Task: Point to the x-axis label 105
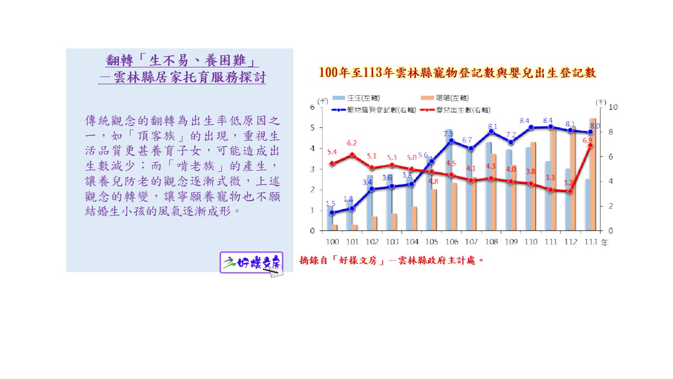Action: pyautogui.click(x=431, y=242)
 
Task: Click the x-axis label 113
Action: pyautogui.click(x=590, y=242)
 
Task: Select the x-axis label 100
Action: pyautogui.click(x=332, y=242)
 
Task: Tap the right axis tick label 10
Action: pyautogui.click(x=613, y=107)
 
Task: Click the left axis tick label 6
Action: pyautogui.click(x=312, y=107)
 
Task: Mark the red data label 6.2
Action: pyautogui.click(x=352, y=143)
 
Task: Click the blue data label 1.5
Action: pyautogui.click(x=331, y=204)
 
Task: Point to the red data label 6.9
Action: pyautogui.click(x=587, y=141)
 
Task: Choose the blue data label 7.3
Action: pyautogui.click(x=448, y=134)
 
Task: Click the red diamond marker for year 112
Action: pyautogui.click(x=570, y=191)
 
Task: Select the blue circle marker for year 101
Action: pyautogui.click(x=352, y=208)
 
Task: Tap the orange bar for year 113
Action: pyautogui.click(x=593, y=174)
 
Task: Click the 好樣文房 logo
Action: pyautogui.click(x=252, y=263)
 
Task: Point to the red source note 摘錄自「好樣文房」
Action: pyautogui.click(x=391, y=260)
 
